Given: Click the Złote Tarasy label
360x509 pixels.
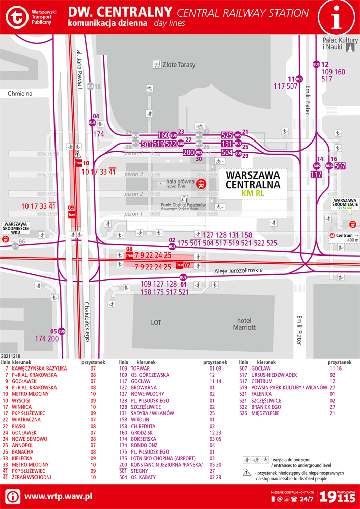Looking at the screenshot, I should (x=174, y=65).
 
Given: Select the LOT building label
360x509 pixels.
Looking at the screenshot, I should (x=156, y=323).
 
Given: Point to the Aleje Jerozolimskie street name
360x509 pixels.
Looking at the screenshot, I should (x=238, y=270).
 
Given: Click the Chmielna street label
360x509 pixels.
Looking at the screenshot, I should (x=20, y=94).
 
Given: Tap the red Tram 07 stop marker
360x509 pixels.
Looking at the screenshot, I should (x=182, y=266).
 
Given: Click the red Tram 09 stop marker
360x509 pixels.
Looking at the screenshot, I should (x=71, y=213).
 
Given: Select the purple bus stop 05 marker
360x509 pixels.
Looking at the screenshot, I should (x=61, y=331).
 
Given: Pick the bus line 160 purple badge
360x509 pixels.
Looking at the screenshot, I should (x=163, y=135).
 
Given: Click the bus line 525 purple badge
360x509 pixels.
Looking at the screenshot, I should (x=227, y=135).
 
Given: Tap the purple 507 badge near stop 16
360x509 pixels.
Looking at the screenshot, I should (x=340, y=166).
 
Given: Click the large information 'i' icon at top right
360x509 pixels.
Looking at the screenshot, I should (x=336, y=18).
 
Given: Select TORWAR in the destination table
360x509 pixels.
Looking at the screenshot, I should (x=141, y=368).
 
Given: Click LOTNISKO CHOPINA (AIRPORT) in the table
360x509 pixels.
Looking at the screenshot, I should (x=163, y=458).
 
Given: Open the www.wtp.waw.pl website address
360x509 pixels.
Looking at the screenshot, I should (x=58, y=496).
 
